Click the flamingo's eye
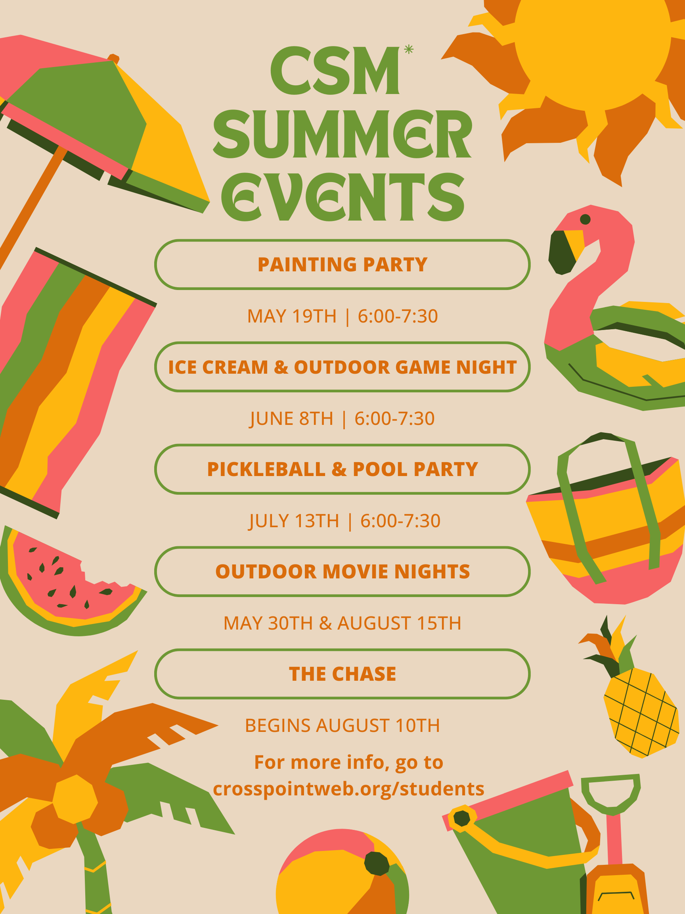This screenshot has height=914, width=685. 585,219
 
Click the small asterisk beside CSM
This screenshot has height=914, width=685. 408,50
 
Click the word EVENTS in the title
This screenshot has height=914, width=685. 343,197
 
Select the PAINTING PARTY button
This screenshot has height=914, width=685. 342,265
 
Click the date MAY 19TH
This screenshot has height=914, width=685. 291,316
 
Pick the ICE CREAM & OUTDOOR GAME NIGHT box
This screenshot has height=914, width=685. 342,367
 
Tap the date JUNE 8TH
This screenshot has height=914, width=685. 291,419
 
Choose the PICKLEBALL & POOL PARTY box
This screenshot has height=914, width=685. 342,469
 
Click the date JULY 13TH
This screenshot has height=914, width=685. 294,520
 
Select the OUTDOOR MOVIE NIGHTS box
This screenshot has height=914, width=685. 342,572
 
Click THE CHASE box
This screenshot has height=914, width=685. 342,674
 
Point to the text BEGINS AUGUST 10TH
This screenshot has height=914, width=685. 342,725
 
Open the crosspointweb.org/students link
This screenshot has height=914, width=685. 348,788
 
